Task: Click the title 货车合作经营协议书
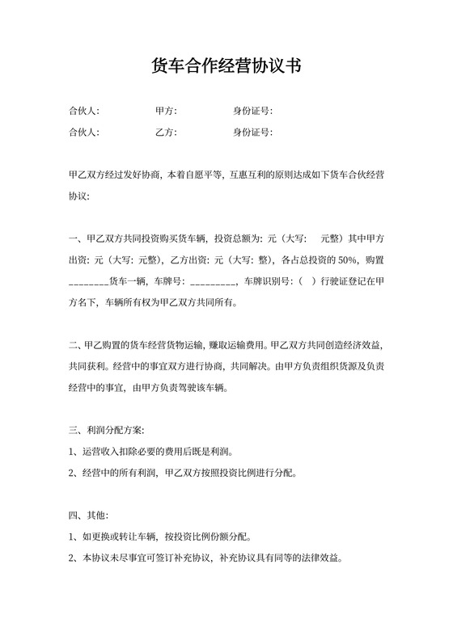(x=226, y=66)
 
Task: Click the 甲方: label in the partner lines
(x=166, y=111)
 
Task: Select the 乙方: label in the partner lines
(x=166, y=132)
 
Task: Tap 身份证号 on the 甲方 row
(x=252, y=111)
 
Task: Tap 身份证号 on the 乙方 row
(x=252, y=132)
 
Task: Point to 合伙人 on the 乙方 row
(x=84, y=132)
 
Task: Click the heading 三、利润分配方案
(x=108, y=428)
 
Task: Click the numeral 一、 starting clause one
(x=75, y=238)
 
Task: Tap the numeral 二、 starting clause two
(x=75, y=345)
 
